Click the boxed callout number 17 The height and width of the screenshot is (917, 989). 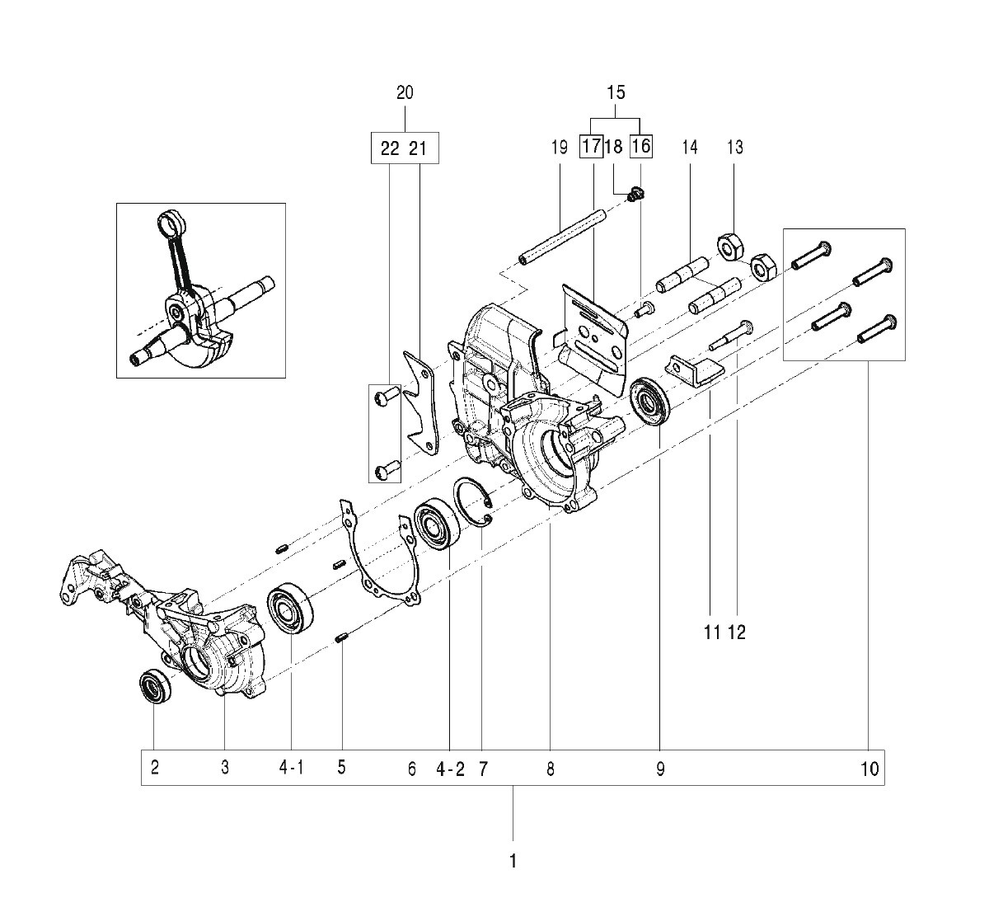click(x=591, y=147)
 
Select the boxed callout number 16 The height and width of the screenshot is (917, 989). click(x=641, y=147)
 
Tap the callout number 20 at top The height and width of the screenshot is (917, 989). click(x=405, y=92)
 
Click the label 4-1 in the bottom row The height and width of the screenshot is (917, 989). click(x=291, y=768)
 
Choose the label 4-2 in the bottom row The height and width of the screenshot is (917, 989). click(x=450, y=770)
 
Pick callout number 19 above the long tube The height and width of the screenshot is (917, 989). click(x=560, y=147)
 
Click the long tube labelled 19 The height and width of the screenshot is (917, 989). click(x=562, y=237)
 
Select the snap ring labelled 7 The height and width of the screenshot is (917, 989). click(x=472, y=501)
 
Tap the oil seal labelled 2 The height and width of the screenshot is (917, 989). click(x=155, y=687)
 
